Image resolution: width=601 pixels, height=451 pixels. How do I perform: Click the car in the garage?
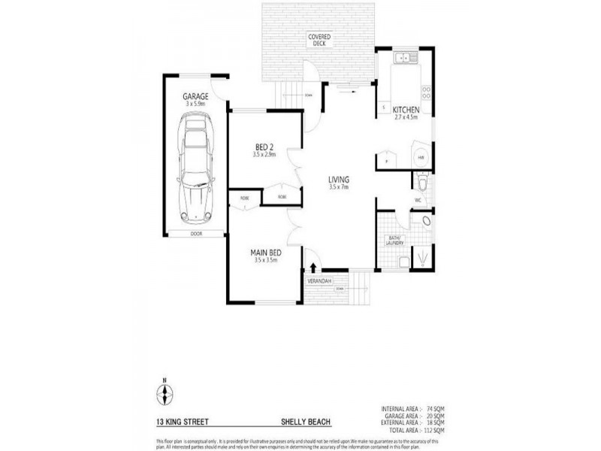194,166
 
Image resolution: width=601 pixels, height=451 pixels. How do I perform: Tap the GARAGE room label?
195,96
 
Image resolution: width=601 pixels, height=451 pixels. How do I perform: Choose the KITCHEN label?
406,110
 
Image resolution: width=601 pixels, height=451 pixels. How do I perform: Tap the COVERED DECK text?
322,40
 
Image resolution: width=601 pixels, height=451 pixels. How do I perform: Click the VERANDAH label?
319,281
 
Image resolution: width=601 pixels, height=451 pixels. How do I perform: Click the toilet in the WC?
422,183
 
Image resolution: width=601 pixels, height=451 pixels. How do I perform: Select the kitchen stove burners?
426,92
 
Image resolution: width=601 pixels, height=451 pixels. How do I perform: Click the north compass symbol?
164,394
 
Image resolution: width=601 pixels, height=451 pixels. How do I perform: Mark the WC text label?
418,201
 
